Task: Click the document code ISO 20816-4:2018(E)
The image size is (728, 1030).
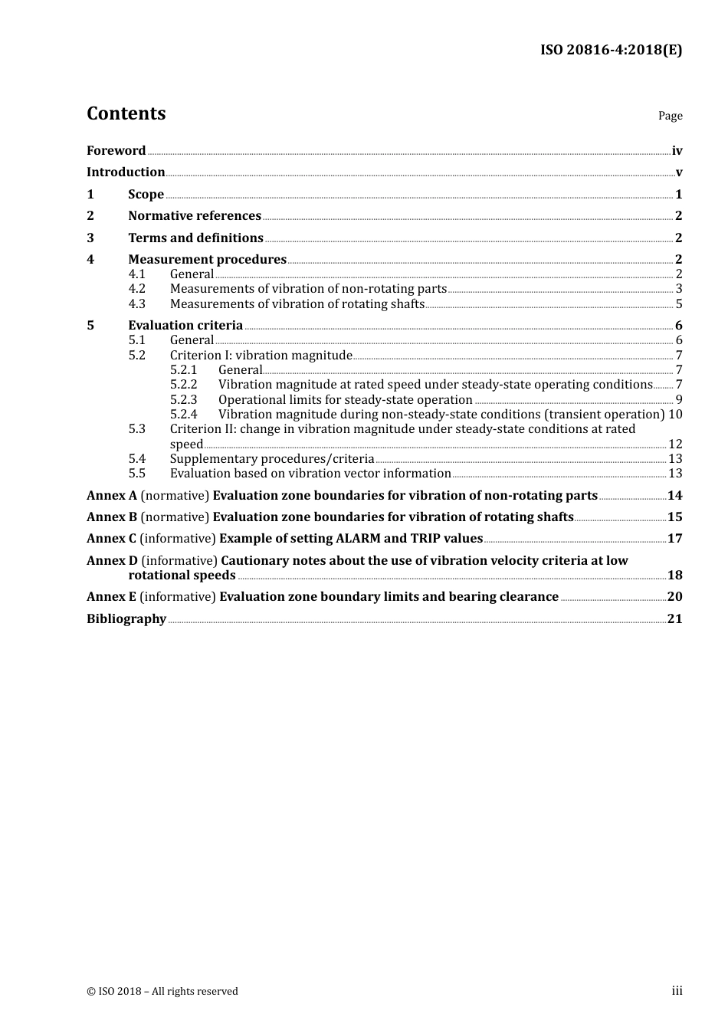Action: tap(611, 50)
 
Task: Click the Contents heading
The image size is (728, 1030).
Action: tap(126, 113)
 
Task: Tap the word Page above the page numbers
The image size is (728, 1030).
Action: tap(670, 116)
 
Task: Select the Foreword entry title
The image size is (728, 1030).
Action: tap(116, 151)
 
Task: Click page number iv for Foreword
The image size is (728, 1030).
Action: tap(677, 151)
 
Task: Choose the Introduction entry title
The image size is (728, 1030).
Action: tap(126, 172)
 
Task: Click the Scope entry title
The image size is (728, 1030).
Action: tap(146, 195)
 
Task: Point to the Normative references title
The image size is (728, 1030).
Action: tap(195, 216)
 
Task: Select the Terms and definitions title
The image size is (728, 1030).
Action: tap(195, 238)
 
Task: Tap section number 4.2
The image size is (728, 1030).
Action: tap(136, 289)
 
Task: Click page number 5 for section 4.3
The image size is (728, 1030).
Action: tap(678, 304)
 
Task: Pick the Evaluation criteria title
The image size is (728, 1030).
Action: tap(185, 326)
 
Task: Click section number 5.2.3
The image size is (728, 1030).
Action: tap(183, 400)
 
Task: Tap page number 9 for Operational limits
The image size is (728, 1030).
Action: tap(678, 400)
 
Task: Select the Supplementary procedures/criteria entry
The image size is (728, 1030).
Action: tap(272, 459)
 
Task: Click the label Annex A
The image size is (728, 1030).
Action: tap(112, 496)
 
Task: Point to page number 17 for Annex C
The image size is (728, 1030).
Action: tap(674, 539)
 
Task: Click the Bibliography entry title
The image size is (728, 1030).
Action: tap(126, 619)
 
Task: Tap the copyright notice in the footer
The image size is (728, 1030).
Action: tap(162, 992)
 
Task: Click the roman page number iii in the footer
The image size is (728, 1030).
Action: tap(677, 991)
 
